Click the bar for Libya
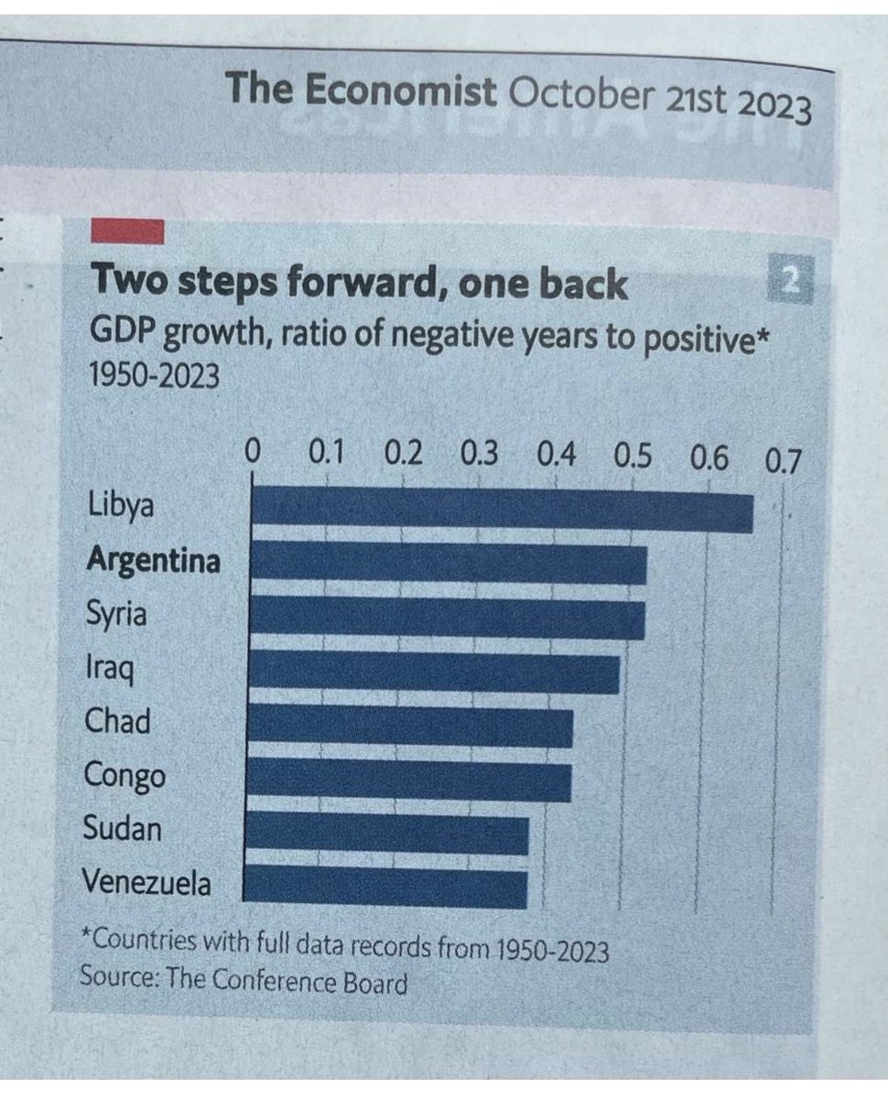pos(501,510)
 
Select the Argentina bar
pos(448,563)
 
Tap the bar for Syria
pos(447,616)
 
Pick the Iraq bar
pos(434,671)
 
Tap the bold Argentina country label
pos(153,559)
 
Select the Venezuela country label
pos(146,883)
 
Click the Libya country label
pos(121,506)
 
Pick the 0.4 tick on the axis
pos(557,455)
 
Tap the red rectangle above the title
pos(127,231)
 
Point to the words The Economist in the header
pos(361,91)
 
